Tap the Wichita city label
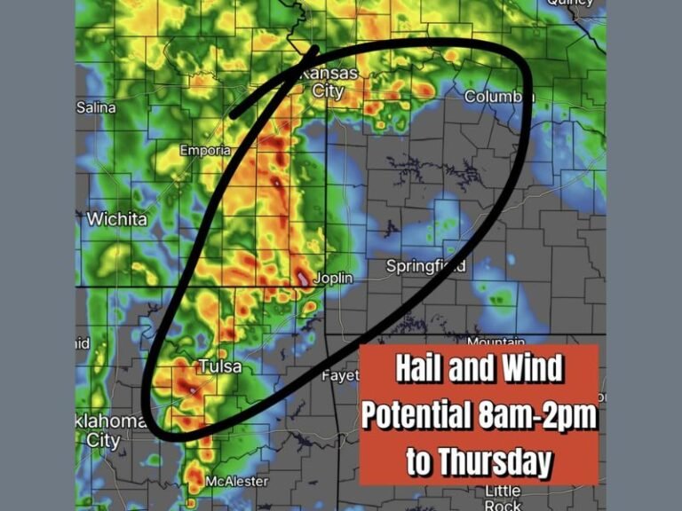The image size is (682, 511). point(116,217)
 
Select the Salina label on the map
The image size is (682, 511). point(96,107)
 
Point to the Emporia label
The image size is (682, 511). point(205,151)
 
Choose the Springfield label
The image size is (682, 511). point(425,266)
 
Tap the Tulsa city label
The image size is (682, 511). point(218,366)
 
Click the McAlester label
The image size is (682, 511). point(235,481)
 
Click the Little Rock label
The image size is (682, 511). point(503,498)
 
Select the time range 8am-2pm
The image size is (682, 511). point(532,415)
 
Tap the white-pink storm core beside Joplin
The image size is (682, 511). point(304,279)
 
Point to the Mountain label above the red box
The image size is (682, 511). point(496,342)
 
